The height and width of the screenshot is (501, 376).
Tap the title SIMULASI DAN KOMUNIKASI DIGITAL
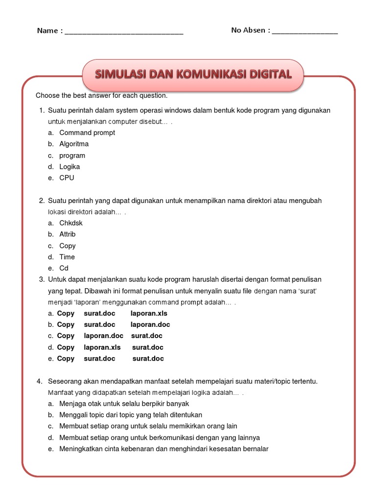193,75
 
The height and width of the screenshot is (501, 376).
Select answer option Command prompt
87,133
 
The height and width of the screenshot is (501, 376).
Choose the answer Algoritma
74,144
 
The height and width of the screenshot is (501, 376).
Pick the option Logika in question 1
70,167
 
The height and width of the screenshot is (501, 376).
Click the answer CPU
67,178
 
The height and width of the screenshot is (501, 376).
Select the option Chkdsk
71,223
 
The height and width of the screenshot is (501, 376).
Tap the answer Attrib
68,234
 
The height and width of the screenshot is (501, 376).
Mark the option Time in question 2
67,257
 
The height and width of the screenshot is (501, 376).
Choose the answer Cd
64,268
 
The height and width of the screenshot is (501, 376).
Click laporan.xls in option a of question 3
149,314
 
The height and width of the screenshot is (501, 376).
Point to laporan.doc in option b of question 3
150,325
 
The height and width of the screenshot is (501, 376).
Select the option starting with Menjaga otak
124,404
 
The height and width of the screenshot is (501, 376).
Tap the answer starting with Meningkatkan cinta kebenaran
164,449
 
